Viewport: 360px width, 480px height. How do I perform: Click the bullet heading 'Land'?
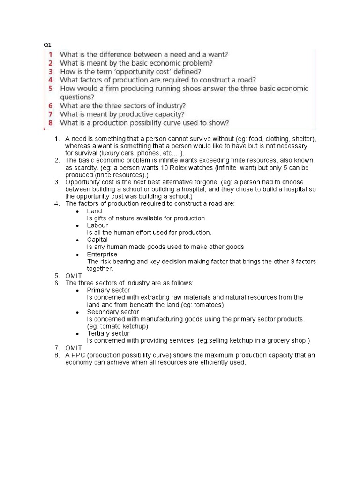click(x=94, y=211)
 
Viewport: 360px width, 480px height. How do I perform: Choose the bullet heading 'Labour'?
click(x=97, y=225)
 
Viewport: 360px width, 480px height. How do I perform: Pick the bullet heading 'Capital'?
click(x=97, y=240)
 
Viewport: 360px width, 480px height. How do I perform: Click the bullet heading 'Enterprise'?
click(x=102, y=254)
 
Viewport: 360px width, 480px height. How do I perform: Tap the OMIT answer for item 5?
click(x=74, y=276)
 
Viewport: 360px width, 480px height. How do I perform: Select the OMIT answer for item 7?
click(x=74, y=347)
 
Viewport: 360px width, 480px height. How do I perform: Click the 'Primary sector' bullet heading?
click(x=108, y=290)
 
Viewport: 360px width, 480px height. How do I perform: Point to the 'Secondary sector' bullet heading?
click(x=112, y=312)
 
